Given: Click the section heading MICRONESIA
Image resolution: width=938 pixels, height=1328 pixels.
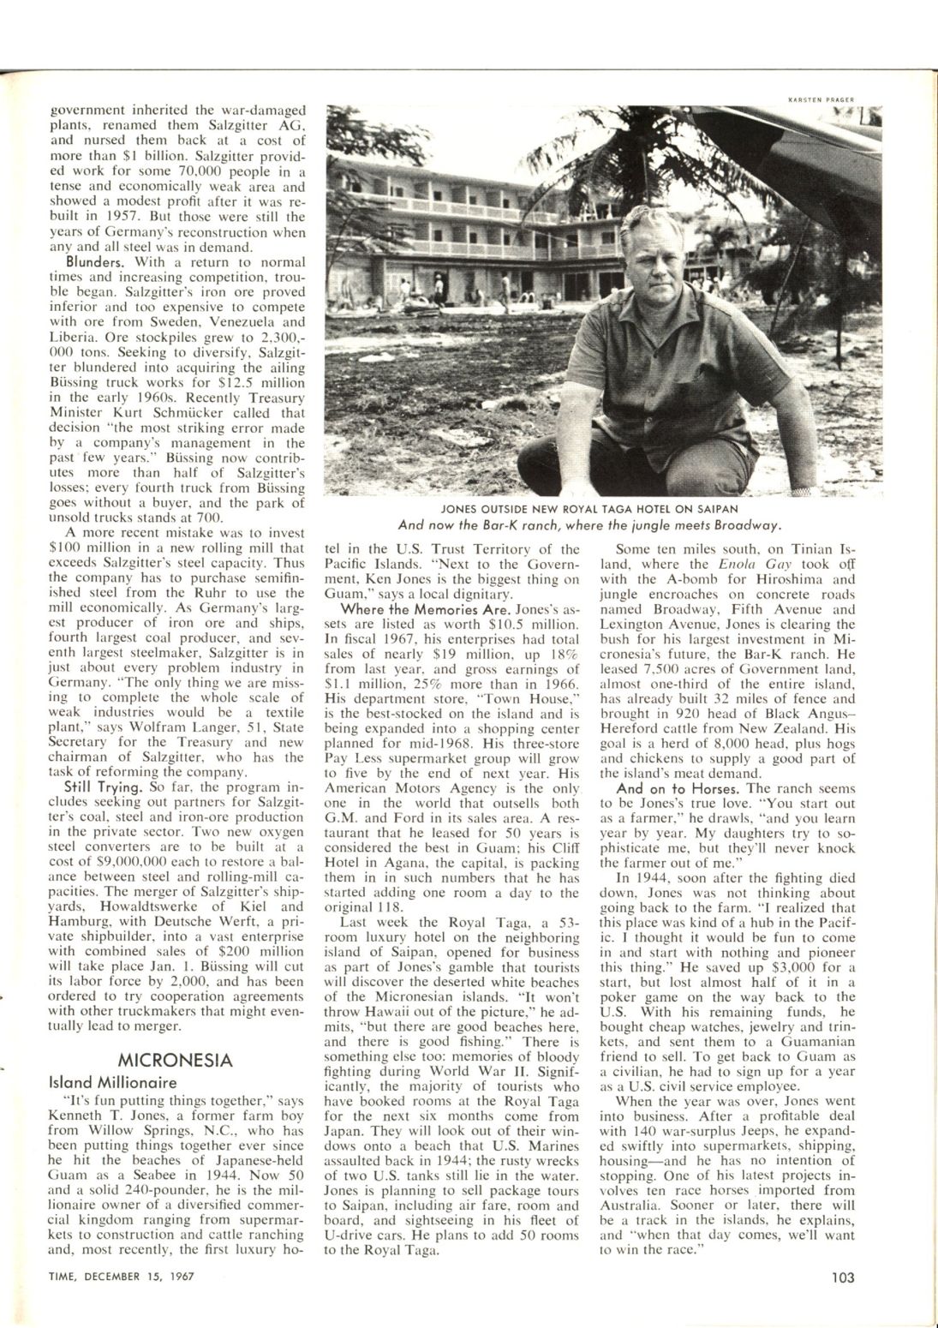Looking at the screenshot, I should (x=174, y=1060).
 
